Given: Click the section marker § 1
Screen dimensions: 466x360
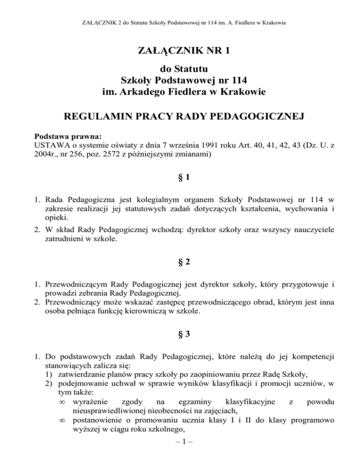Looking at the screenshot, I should tap(180, 178).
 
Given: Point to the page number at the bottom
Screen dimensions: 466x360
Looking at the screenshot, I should tap(180, 456).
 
